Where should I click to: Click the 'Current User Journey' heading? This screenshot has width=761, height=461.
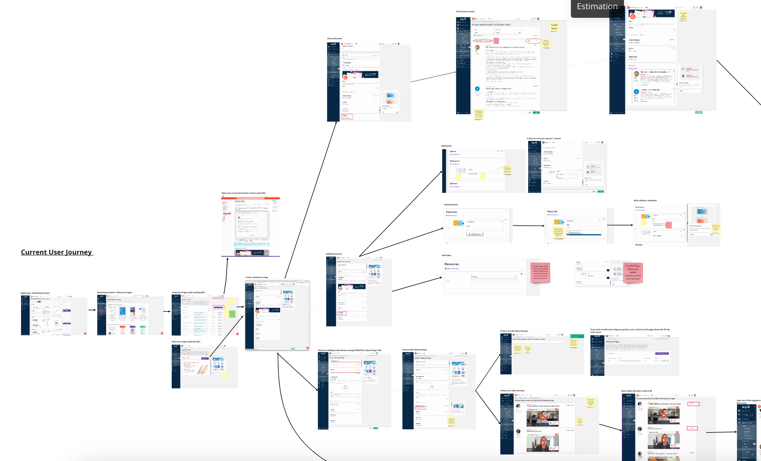[x=57, y=252]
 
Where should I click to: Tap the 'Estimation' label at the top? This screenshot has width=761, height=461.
[x=597, y=6]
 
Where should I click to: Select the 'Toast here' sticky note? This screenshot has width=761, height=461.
[x=554, y=27]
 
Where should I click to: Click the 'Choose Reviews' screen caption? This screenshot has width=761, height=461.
[x=335, y=39]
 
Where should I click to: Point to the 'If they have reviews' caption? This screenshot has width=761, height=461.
[x=465, y=12]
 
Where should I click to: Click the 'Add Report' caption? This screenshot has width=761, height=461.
[x=446, y=146]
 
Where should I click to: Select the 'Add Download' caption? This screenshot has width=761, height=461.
[x=451, y=205]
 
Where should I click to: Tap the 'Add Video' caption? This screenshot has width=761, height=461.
[x=446, y=255]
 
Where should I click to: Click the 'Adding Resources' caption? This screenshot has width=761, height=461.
[x=334, y=254]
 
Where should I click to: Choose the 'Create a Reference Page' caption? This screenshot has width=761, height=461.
[x=257, y=277]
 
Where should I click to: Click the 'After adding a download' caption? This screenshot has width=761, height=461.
[x=645, y=201]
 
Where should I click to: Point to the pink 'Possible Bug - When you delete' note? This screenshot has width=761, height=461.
[x=633, y=272]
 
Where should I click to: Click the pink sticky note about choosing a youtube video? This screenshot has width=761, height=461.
[x=540, y=272]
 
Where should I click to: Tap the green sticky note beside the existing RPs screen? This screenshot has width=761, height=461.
[x=232, y=314]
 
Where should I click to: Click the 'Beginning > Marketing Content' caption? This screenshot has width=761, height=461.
[x=35, y=293]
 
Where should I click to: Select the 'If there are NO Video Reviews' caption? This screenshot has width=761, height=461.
[x=514, y=331]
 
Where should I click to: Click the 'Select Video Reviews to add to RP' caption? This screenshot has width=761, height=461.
[x=636, y=391]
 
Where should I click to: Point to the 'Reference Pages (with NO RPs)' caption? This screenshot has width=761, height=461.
[x=186, y=341]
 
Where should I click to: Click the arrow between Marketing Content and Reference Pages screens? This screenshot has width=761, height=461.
[x=92, y=310]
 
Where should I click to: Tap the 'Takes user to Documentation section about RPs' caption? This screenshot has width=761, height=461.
[x=243, y=193]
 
